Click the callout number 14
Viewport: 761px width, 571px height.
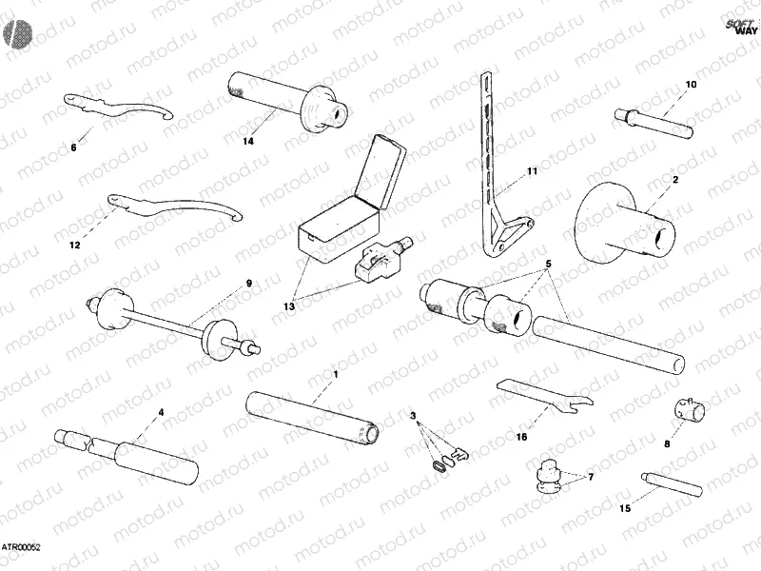pyautogui.click(x=247, y=142)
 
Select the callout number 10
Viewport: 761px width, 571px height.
pyautogui.click(x=691, y=85)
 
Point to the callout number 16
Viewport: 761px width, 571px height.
pyautogui.click(x=521, y=437)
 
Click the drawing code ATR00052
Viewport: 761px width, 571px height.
pyautogui.click(x=20, y=548)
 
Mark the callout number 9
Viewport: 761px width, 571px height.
pyautogui.click(x=249, y=283)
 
